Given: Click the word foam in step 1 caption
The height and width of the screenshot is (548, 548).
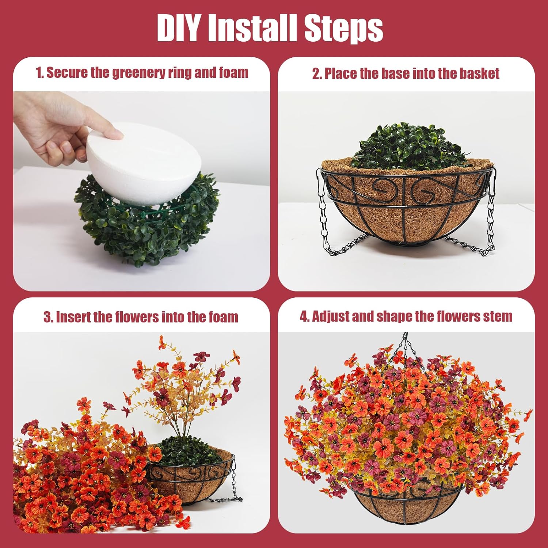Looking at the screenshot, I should [x=234, y=72].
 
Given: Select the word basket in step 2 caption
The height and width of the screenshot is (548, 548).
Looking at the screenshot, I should [x=479, y=73].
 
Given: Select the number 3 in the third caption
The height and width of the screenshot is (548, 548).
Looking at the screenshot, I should [x=47, y=317].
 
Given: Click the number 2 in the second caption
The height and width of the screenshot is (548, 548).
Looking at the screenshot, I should [x=316, y=73].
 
